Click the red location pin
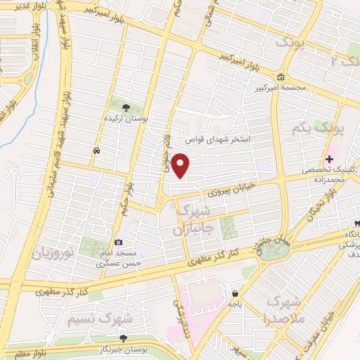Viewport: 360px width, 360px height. click(182, 166)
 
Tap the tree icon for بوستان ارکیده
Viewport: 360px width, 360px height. click(127, 107)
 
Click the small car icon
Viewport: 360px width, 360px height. click(96, 150)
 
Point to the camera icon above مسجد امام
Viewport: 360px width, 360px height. click(118, 242)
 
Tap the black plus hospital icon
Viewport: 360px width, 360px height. click(329, 159)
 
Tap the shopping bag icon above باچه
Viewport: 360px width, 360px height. click(233, 295)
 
